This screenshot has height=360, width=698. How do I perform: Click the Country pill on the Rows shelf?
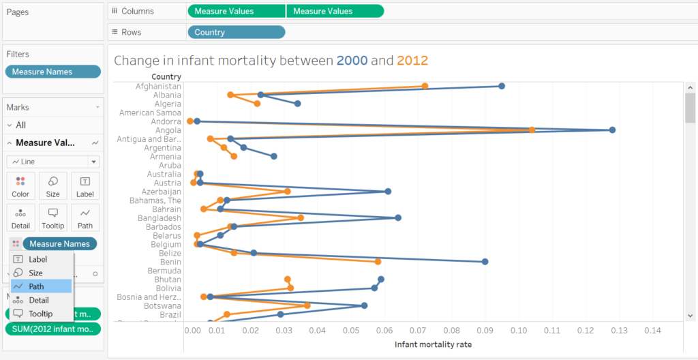[x=236, y=32]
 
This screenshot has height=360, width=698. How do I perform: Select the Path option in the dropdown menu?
[x=42, y=286]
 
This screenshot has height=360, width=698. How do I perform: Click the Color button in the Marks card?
[x=20, y=185]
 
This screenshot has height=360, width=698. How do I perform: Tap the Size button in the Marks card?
[x=52, y=185]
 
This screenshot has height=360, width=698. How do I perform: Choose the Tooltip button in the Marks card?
[x=52, y=217]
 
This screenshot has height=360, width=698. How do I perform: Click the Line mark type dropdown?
[x=53, y=162]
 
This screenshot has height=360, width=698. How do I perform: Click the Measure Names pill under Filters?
[x=52, y=72]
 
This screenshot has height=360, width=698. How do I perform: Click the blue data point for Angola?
[x=612, y=130]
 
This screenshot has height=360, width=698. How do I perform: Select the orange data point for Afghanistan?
[x=425, y=86]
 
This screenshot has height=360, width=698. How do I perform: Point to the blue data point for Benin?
[x=485, y=262]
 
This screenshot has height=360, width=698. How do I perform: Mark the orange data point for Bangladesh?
[x=301, y=217]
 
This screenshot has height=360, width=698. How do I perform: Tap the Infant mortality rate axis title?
[x=433, y=344]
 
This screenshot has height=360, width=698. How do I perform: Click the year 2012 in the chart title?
[x=412, y=61]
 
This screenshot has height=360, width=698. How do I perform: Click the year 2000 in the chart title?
[x=352, y=61]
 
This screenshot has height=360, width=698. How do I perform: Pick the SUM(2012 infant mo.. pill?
[x=52, y=329]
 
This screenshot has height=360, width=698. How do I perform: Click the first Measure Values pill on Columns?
[x=236, y=11]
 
